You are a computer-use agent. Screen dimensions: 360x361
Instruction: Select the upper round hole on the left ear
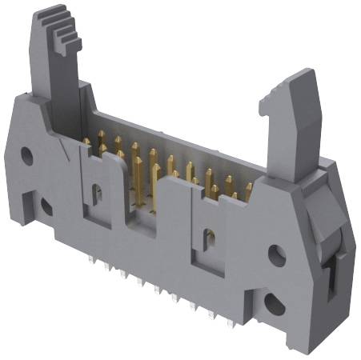pyautogui.click(x=26, y=155)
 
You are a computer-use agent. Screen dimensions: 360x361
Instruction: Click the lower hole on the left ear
pyautogui.click(x=47, y=206)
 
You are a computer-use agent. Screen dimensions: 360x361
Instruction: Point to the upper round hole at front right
pyautogui.click(x=277, y=256)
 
